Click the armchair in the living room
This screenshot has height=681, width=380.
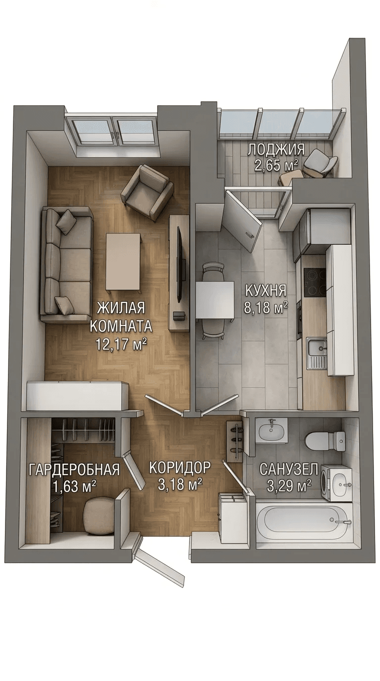point(146,192)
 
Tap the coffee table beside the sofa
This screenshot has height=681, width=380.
point(124,262)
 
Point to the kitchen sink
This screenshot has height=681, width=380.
point(317,353)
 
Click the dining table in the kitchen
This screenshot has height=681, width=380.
point(215,300)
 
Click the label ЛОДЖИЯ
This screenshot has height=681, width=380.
point(276,150)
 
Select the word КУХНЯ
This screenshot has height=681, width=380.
point(266,291)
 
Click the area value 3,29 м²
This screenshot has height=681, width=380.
point(289,486)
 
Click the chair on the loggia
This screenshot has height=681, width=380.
point(321,163)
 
